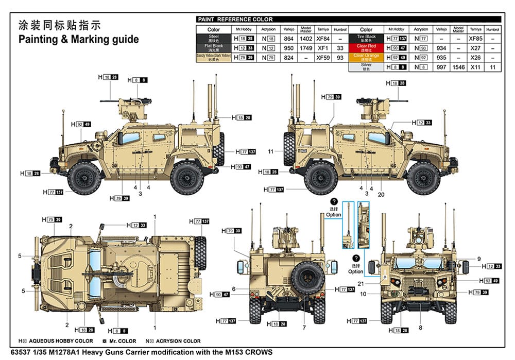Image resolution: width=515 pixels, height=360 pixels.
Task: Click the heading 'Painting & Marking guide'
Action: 78,40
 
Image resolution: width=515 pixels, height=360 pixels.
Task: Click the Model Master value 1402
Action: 306,39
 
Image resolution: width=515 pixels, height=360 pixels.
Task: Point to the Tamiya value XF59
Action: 323,58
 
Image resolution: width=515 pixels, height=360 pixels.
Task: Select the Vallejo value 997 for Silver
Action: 441,67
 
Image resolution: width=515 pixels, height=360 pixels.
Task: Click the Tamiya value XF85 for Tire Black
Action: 475,39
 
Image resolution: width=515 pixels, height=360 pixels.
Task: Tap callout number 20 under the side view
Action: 381,194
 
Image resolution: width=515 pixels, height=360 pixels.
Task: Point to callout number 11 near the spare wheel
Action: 270,151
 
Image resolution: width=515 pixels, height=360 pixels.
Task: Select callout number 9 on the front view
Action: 478,259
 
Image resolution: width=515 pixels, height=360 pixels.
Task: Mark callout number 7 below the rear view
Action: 304,328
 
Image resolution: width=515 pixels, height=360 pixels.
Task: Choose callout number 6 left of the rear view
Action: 233,289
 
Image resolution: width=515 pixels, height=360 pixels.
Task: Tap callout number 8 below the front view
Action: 420,328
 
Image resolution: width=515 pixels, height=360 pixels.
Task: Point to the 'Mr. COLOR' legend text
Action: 123,341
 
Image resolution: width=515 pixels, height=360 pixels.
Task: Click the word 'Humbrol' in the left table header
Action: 339,29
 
